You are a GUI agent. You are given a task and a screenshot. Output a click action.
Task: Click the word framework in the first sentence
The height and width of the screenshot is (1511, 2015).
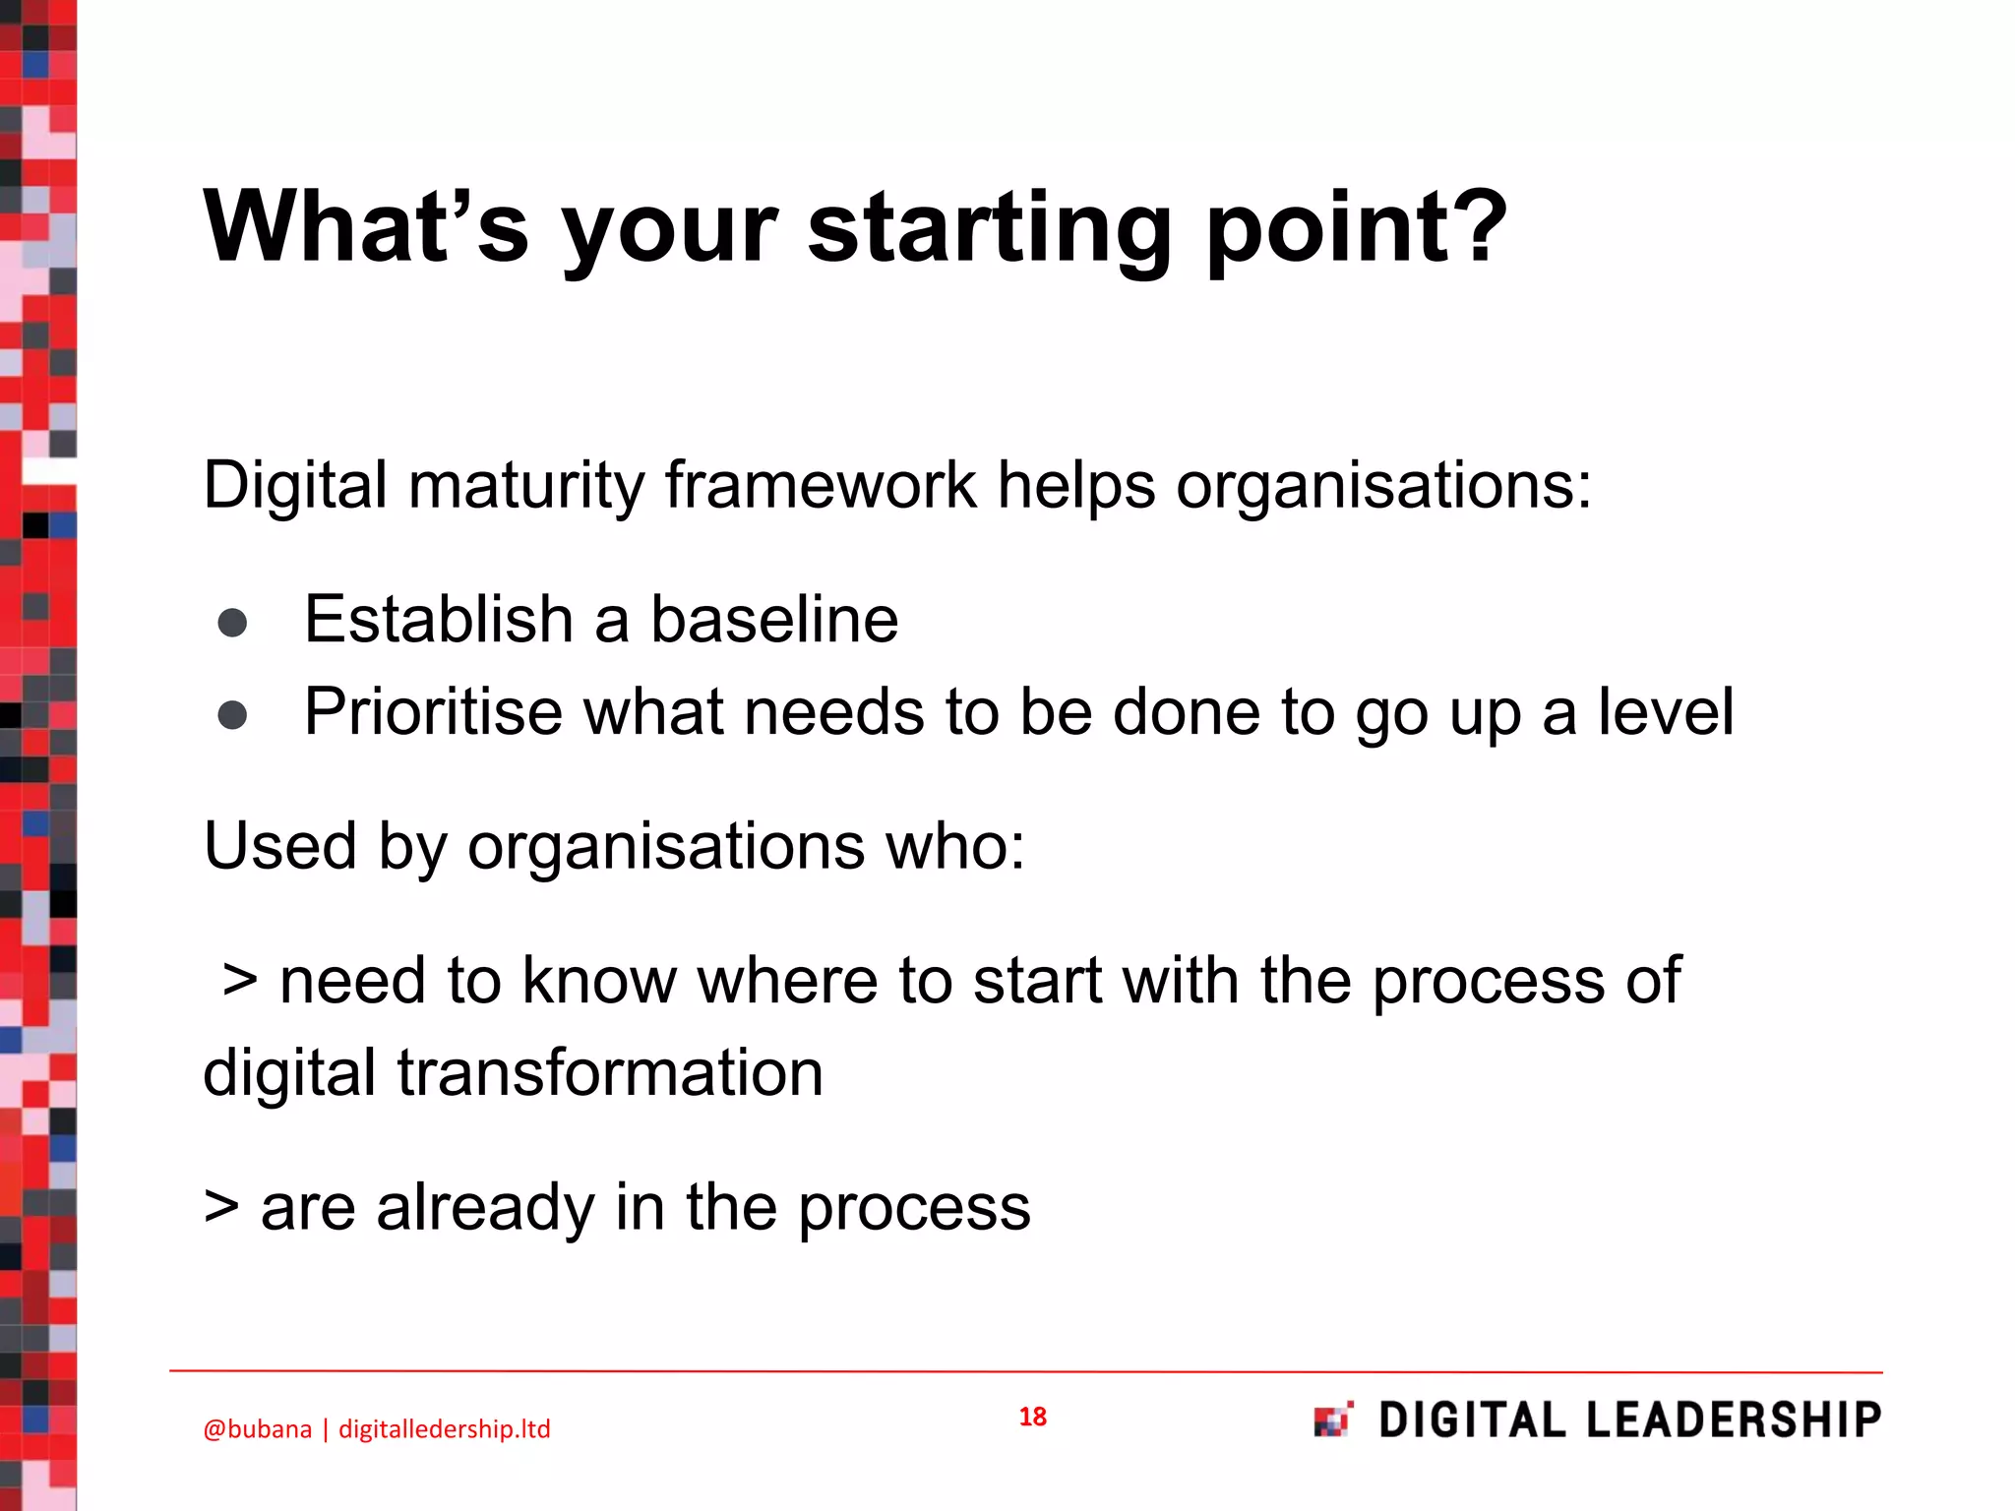coord(821,485)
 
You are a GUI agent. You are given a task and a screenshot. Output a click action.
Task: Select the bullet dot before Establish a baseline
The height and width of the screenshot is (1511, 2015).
coord(232,622)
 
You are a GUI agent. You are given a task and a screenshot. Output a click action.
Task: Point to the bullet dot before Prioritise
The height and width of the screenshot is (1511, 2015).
coord(232,715)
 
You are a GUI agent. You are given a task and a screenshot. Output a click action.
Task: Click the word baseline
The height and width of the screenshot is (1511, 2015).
coord(774,620)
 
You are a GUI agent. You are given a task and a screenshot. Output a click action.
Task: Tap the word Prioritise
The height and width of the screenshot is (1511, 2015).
coord(433,712)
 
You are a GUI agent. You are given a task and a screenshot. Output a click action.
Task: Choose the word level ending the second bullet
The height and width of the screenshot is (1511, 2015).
coord(1665,712)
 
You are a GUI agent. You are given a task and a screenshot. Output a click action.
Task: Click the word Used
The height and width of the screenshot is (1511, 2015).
coord(279,846)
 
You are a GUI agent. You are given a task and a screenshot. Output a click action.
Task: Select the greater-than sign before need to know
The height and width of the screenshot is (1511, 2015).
coord(240,981)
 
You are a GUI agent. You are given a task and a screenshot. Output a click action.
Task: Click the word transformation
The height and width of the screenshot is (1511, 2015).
coord(610,1073)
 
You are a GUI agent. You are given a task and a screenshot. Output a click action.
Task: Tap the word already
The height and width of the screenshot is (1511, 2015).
coord(485,1208)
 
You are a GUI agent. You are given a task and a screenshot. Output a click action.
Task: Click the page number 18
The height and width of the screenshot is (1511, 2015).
coord(1032,1417)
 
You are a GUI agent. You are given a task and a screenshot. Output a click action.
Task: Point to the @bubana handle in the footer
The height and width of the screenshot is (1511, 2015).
coord(257,1429)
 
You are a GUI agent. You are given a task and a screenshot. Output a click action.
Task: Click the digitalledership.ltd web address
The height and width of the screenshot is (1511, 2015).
coord(445,1429)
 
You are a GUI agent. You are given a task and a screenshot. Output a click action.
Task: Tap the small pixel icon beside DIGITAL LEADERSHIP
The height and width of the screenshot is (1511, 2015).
coord(1333,1420)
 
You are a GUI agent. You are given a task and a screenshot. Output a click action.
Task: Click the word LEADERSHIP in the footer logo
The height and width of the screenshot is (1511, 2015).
coord(1734,1420)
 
